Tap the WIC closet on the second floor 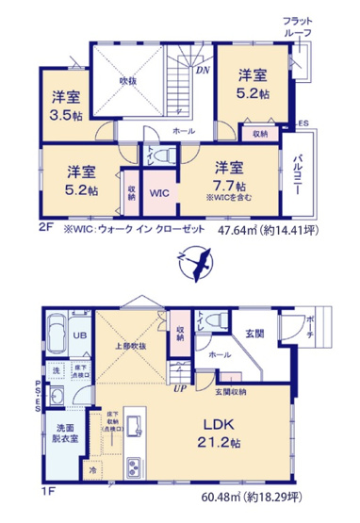[x=158, y=192]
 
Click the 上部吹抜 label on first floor [x=132, y=347]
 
